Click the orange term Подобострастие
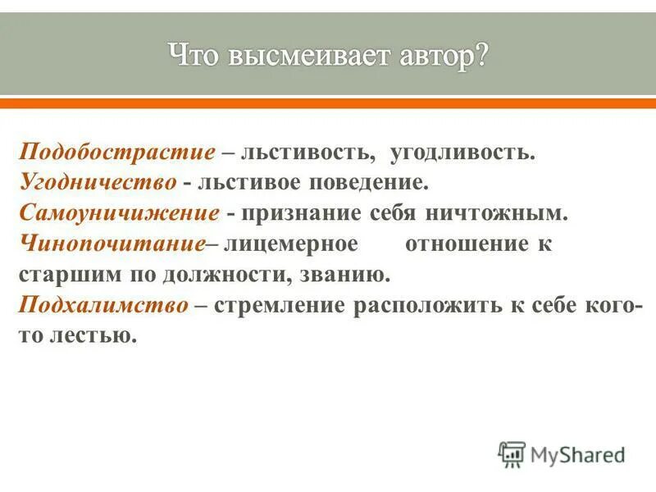117,153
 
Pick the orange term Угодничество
98,183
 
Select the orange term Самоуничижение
119,213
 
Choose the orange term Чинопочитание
111,244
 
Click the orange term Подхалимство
103,304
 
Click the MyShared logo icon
512,454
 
